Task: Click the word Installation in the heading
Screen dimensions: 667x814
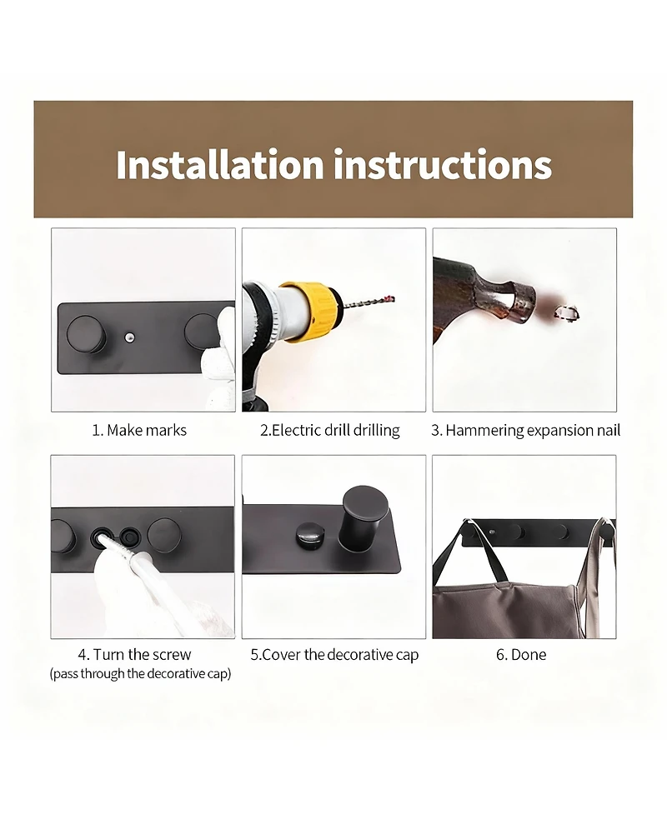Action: pos(220,165)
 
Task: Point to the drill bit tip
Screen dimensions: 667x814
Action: pos(394,298)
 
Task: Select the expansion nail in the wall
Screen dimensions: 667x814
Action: pos(566,312)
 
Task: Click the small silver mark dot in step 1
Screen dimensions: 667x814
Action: pos(129,337)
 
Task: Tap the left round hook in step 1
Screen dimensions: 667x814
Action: pos(87,332)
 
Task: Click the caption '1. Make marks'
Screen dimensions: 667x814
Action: pos(139,431)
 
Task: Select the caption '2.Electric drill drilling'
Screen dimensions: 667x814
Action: pos(330,431)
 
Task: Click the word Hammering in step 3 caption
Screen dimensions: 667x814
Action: pos(484,431)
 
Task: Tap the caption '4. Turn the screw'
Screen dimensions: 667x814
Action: pos(134,654)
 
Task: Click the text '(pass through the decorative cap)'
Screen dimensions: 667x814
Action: pos(140,674)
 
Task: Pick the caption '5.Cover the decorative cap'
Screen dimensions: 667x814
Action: pos(334,655)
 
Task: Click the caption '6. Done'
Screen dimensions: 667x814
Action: pos(521,655)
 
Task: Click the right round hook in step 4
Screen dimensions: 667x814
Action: pos(164,537)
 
